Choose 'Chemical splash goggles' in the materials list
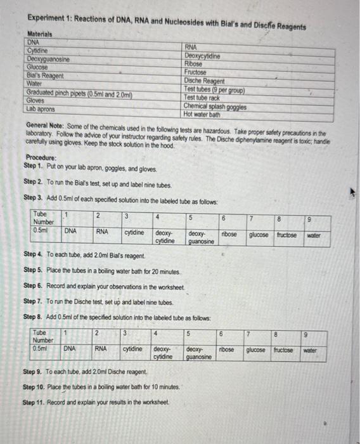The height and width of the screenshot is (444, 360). tap(215, 106)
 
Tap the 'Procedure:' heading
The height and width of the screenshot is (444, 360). tap(41, 158)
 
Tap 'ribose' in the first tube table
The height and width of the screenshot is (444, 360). tap(229, 234)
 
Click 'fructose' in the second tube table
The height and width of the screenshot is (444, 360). tap(286, 349)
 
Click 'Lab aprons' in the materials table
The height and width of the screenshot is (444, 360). tap(41, 108)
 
